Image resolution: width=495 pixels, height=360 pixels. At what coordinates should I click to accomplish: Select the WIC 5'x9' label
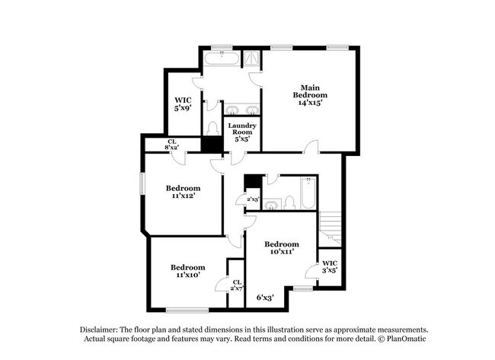tap(182, 104)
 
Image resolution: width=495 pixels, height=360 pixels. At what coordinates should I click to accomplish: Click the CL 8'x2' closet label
tap(173, 145)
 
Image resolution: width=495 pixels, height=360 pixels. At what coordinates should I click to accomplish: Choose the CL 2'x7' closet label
tap(237, 285)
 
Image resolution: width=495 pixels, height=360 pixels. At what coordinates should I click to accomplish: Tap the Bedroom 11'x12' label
tap(184, 191)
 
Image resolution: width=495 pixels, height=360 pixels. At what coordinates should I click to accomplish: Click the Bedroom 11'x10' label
tap(187, 271)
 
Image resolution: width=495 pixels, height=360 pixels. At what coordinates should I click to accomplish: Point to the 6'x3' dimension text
tap(265, 298)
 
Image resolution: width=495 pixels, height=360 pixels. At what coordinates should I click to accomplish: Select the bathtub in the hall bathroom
tap(307, 193)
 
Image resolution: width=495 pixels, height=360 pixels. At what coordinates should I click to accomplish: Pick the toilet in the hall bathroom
tap(289, 202)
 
